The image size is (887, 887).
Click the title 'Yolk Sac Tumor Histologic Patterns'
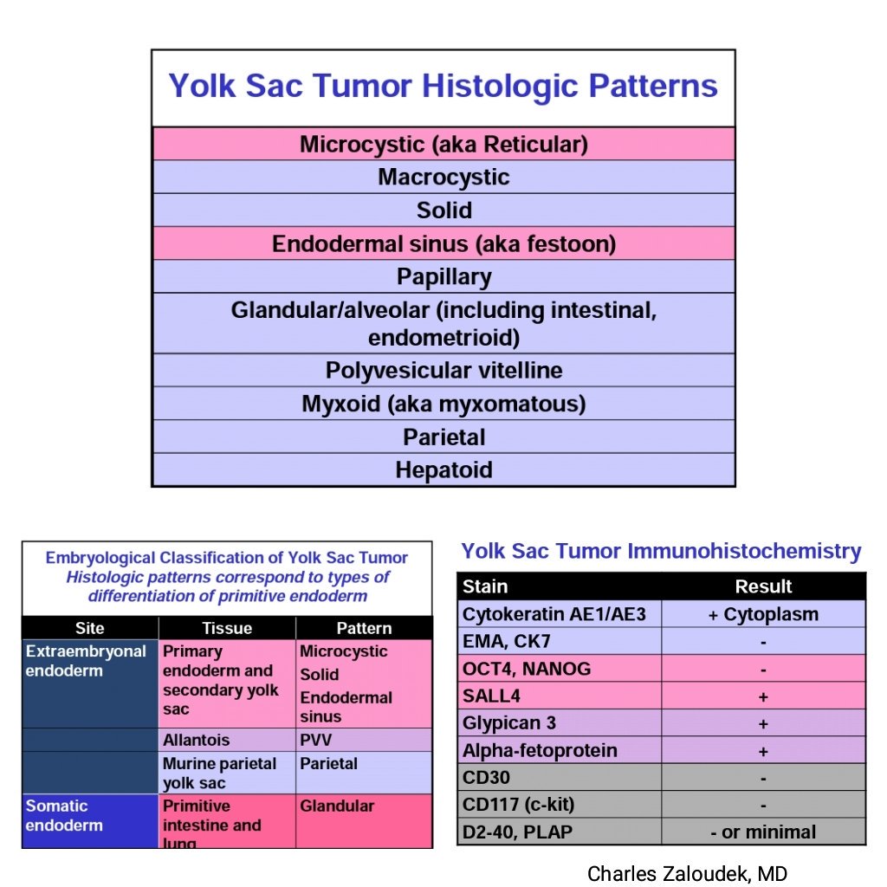[443, 87]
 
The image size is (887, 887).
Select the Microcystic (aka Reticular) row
[443, 144]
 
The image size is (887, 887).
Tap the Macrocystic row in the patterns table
[443, 178]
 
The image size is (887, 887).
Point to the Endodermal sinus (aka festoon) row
[443, 244]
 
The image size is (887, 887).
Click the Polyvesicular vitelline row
[443, 371]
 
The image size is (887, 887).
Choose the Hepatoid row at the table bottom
[443, 470]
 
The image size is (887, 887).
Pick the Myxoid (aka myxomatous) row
[443, 404]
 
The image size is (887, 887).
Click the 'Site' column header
[89, 629]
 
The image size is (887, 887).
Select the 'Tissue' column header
[226, 629]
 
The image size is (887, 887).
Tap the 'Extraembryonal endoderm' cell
[87, 661]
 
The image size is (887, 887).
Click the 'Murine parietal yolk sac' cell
[219, 773]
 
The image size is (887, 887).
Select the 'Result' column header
[762, 586]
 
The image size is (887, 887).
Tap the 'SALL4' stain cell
[492, 696]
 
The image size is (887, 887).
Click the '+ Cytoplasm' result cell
[762, 615]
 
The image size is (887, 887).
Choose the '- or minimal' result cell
[762, 832]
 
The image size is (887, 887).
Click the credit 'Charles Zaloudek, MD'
[687, 873]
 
